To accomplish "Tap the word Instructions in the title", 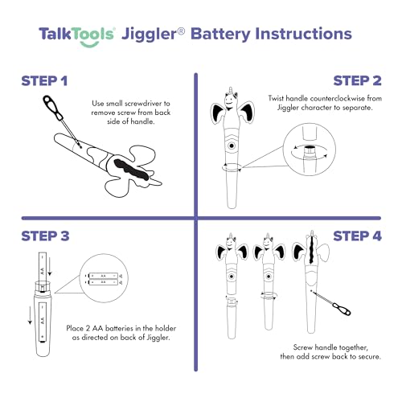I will click(302, 35).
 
